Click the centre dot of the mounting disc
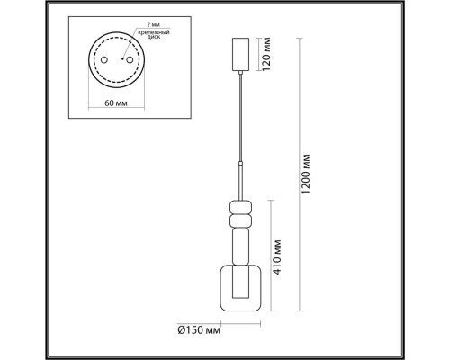point(115,60)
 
